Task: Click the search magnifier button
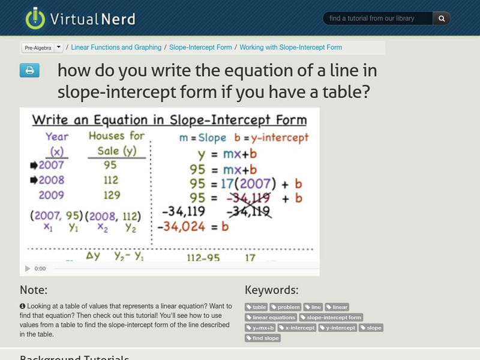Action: (x=442, y=19)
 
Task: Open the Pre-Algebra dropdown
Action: (x=42, y=47)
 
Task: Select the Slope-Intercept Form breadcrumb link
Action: (x=200, y=47)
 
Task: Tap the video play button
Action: (x=27, y=269)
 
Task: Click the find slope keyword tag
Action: (x=263, y=338)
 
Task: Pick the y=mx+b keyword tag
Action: (x=260, y=328)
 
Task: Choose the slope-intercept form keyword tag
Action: (x=331, y=317)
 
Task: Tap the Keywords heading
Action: (x=271, y=290)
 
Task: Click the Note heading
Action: (x=34, y=290)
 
